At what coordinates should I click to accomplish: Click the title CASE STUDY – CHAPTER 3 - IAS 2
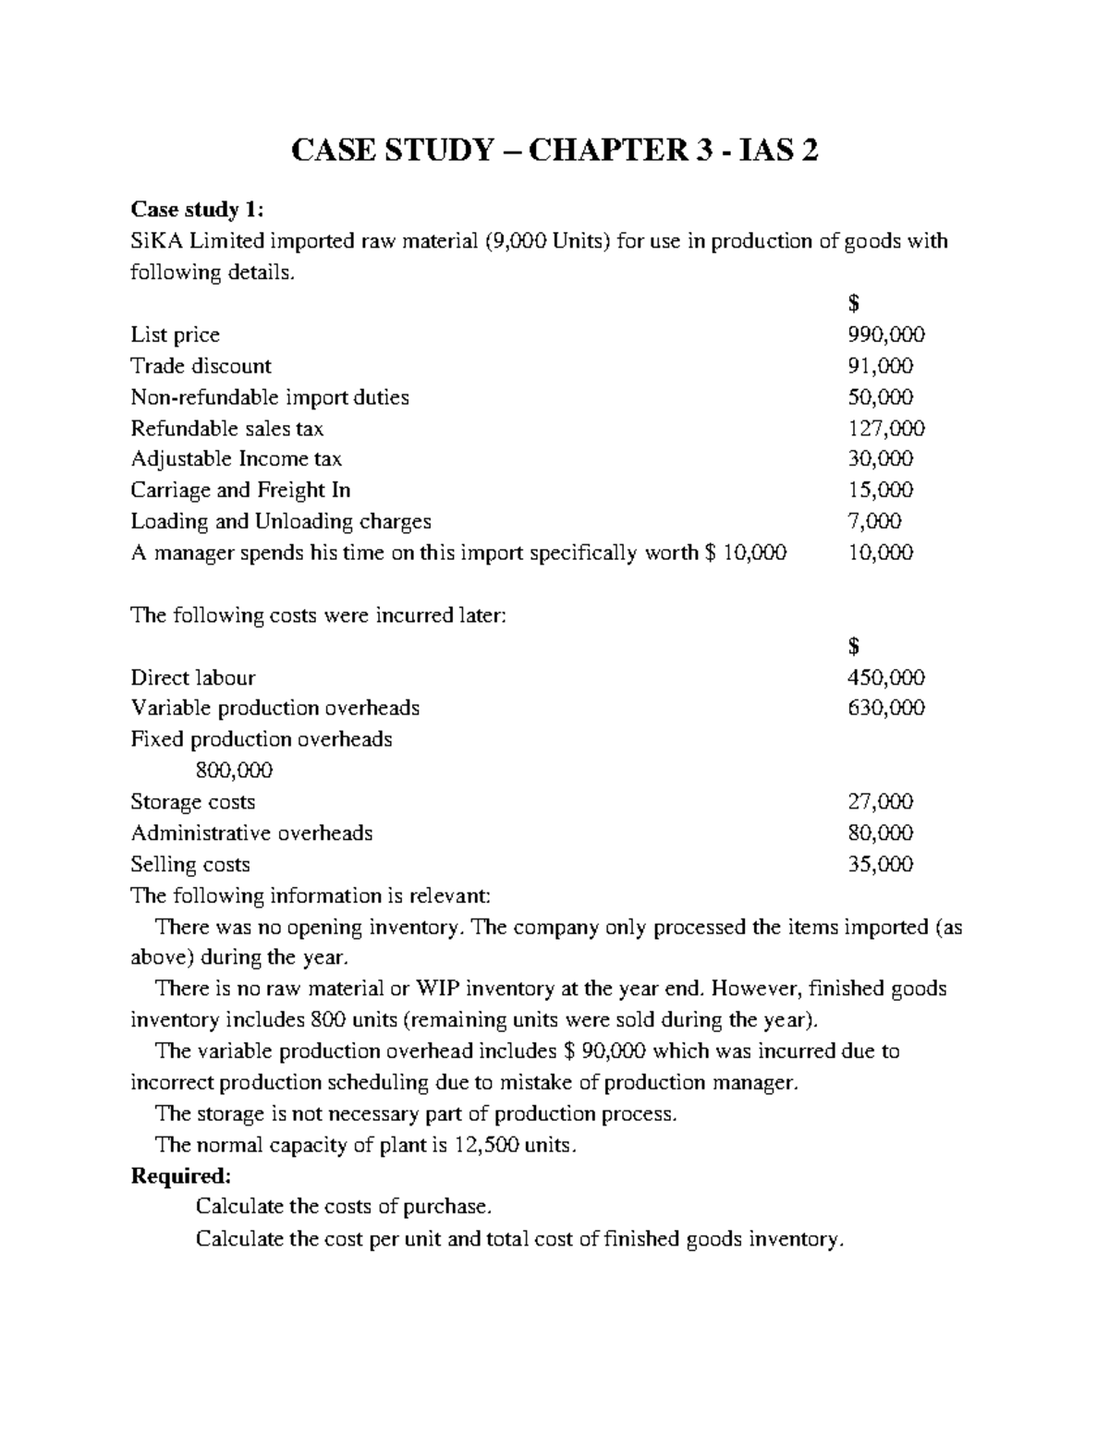[x=554, y=150]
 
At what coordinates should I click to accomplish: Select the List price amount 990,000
[x=885, y=334]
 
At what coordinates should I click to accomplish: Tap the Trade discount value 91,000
[x=880, y=366]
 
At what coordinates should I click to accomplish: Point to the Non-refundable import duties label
[x=269, y=397]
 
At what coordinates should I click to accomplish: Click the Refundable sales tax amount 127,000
[x=885, y=429]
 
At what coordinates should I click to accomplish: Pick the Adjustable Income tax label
[x=236, y=459]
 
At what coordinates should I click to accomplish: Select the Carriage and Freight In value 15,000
[x=880, y=491]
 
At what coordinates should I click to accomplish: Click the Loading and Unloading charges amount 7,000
[x=874, y=522]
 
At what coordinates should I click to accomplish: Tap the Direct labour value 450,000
[x=885, y=677]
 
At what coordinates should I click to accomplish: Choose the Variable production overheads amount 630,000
[x=885, y=709]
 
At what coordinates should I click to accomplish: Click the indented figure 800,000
[x=234, y=771]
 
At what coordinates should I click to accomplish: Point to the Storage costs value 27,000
[x=880, y=802]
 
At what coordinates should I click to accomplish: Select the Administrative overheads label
[x=251, y=833]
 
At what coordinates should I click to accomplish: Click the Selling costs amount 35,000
[x=880, y=865]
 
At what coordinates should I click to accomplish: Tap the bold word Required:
[x=180, y=1176]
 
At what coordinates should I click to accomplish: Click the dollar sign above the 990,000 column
[x=853, y=303]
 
